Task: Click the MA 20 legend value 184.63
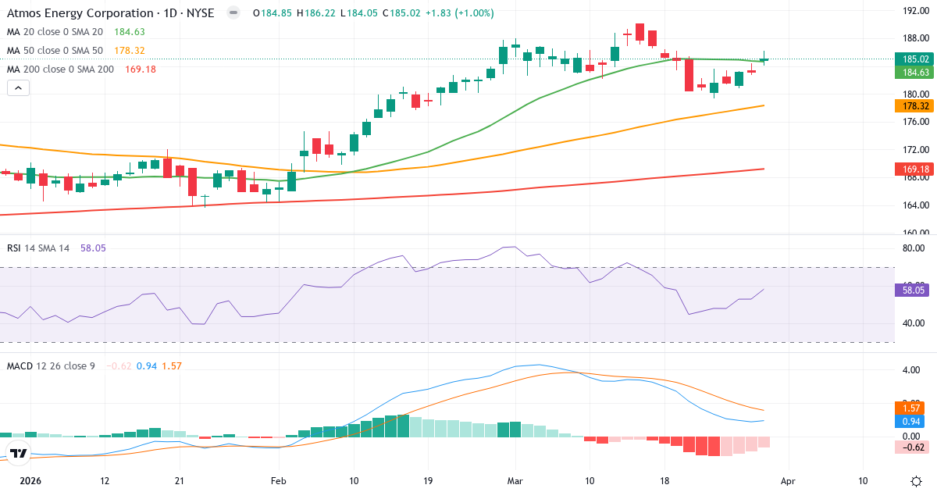[x=129, y=32]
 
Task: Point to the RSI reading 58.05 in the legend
[x=90, y=248]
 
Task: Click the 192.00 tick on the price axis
[x=914, y=11]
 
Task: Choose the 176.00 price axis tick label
[x=914, y=122]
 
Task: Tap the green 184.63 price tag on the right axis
[x=914, y=72]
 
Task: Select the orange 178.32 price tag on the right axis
[x=914, y=106]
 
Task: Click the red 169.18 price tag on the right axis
[x=914, y=169]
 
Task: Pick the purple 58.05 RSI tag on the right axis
[x=914, y=290]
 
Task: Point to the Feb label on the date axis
[x=279, y=482]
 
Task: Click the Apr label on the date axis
[x=788, y=482]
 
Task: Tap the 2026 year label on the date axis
[x=30, y=482]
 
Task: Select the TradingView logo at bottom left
[x=19, y=453]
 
